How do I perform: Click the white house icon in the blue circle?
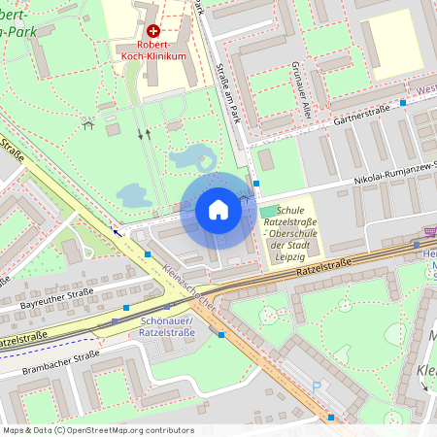[218, 210]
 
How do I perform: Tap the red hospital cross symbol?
[153, 31]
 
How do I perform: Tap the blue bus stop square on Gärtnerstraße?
[403, 102]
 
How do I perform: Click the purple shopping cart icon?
[429, 232]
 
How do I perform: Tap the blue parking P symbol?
[316, 387]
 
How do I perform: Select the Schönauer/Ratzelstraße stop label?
[167, 327]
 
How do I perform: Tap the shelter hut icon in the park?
[89, 124]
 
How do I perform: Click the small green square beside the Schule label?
[268, 211]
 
